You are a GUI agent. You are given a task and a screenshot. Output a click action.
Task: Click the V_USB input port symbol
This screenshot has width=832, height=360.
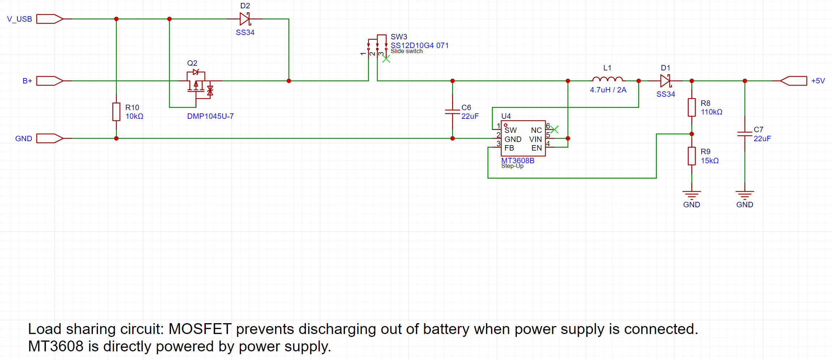click(x=49, y=19)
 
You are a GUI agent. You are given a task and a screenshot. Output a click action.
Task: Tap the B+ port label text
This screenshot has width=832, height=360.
click(x=27, y=81)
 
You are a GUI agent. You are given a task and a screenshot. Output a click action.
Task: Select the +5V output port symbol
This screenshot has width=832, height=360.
click(x=793, y=81)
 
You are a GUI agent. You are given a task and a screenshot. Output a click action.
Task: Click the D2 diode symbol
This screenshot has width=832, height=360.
click(x=245, y=19)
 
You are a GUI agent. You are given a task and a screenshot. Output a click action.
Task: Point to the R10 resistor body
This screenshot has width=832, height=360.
click(x=116, y=112)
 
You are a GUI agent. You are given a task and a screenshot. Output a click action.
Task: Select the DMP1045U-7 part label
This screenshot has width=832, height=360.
click(x=210, y=116)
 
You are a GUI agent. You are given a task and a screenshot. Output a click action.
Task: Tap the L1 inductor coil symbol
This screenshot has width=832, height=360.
click(x=607, y=79)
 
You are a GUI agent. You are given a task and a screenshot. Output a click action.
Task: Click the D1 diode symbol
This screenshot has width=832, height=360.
click(x=665, y=81)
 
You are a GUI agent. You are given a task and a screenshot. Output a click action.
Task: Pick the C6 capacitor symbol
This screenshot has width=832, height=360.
click(x=452, y=112)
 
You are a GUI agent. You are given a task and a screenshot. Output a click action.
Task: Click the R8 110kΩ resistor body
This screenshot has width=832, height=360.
click(x=692, y=107)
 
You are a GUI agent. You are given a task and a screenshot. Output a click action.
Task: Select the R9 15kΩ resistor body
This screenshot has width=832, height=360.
click(x=692, y=156)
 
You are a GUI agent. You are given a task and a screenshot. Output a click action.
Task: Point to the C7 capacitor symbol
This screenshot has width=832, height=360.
click(x=745, y=134)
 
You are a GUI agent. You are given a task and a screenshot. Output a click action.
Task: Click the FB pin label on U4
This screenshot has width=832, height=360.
click(x=509, y=148)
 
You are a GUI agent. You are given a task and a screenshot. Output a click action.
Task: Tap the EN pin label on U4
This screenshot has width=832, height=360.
click(x=536, y=148)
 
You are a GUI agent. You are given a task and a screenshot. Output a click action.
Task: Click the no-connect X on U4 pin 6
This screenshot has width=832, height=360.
click(x=555, y=129)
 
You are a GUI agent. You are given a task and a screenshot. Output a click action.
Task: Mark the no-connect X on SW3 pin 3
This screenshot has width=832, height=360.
click(x=386, y=59)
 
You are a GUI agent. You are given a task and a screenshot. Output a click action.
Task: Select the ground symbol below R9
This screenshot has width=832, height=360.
click(x=692, y=195)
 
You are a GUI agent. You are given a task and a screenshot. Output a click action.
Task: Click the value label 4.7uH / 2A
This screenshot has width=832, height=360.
click(x=608, y=90)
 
